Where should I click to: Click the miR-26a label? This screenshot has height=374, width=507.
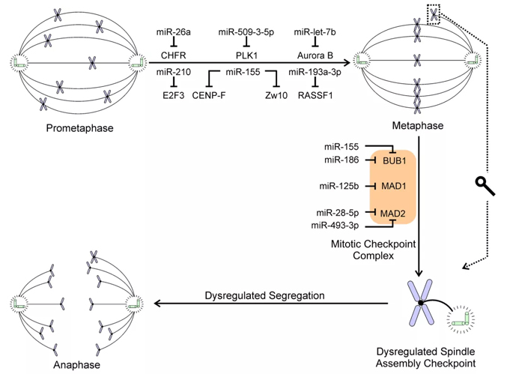pyautogui.click(x=173, y=32)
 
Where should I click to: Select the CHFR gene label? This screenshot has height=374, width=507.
pyautogui.click(x=173, y=55)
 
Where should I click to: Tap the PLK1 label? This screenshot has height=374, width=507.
pyautogui.click(x=246, y=55)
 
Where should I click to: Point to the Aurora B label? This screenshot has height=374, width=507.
pyautogui.click(x=315, y=55)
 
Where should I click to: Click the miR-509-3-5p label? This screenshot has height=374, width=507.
pyautogui.click(x=246, y=32)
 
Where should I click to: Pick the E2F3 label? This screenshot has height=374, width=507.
pyautogui.click(x=173, y=95)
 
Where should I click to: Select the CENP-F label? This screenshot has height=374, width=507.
pyautogui.click(x=208, y=95)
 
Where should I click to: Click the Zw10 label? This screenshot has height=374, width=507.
pyautogui.click(x=276, y=95)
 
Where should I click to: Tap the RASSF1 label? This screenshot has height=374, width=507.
pyautogui.click(x=315, y=95)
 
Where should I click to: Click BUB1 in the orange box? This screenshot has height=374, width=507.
pyautogui.click(x=394, y=160)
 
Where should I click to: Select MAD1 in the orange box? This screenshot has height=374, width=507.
pyautogui.click(x=393, y=186)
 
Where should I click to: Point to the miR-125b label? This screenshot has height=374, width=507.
pyautogui.click(x=338, y=186)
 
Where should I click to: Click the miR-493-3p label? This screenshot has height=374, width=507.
pyautogui.click(x=335, y=225)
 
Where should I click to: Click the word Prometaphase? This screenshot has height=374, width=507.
pyautogui.click(x=79, y=128)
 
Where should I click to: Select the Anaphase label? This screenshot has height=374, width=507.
pyautogui.click(x=76, y=364)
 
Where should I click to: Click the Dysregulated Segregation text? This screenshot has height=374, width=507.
pyautogui.click(x=264, y=295)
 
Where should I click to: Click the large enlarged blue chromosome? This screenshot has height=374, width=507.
pyautogui.click(x=420, y=302)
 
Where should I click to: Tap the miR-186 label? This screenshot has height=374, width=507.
pyautogui.click(x=341, y=160)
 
